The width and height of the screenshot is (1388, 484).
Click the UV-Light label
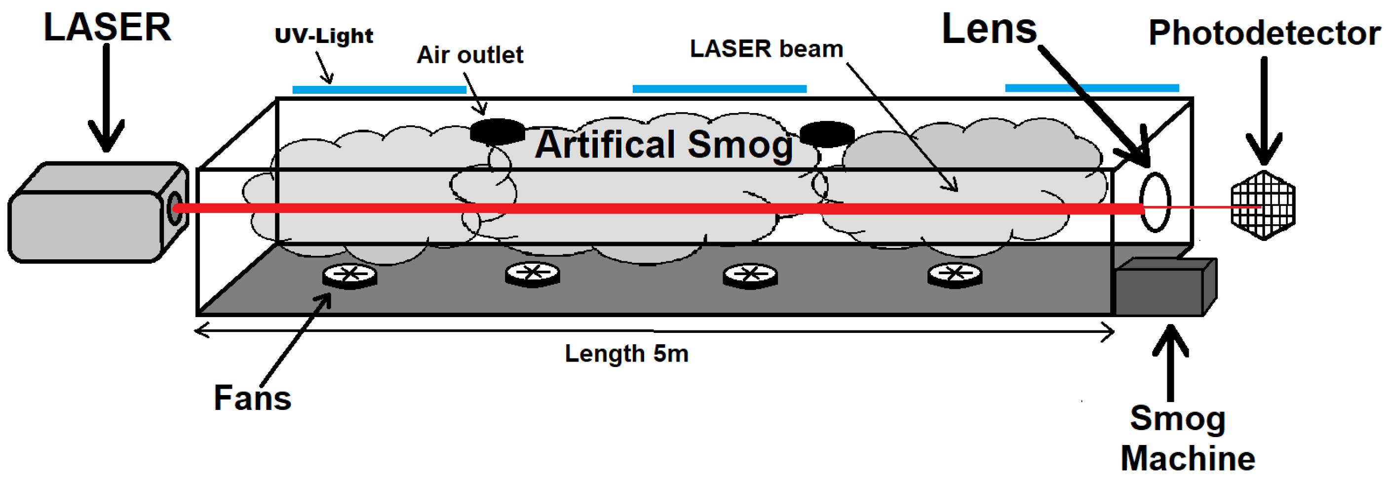[x=323, y=36]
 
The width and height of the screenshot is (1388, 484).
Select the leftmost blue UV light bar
[x=379, y=89]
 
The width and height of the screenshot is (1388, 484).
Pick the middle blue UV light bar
[x=719, y=88]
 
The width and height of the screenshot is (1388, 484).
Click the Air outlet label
[x=469, y=54]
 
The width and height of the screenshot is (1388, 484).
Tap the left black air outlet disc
[x=497, y=131]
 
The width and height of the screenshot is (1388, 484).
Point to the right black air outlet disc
[x=827, y=134]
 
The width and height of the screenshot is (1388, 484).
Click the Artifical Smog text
[x=664, y=144]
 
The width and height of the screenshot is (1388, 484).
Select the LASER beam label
[x=766, y=49]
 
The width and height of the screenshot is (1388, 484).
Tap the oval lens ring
[x=1154, y=202]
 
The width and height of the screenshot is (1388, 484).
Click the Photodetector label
[x=1264, y=34]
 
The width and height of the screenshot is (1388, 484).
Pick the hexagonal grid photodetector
[x=1263, y=205]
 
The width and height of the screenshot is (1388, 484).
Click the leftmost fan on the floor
[x=349, y=276]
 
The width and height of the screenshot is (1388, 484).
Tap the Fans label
[x=252, y=398]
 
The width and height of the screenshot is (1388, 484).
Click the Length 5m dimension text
[x=626, y=354]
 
